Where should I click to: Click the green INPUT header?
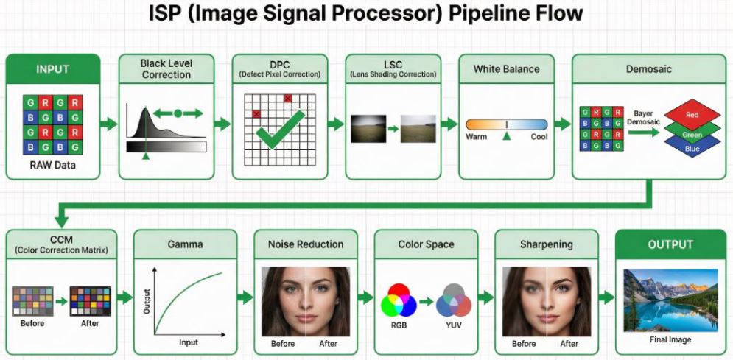tap(53, 69)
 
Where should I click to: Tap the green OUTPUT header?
tap(670, 244)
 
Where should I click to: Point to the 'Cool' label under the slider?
tap(539, 137)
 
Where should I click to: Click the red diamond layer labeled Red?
tap(692, 115)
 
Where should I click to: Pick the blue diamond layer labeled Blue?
tap(692, 147)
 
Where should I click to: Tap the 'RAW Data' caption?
tap(53, 165)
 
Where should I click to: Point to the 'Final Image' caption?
tap(670, 339)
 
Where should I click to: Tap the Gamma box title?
tap(185, 244)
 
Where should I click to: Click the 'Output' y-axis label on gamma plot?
tap(147, 300)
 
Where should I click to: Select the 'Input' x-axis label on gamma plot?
tap(189, 342)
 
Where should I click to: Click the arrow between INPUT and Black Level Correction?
tap(109, 123)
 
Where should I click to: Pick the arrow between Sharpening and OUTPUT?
tap(606, 298)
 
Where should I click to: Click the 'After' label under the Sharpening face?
tap(569, 344)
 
